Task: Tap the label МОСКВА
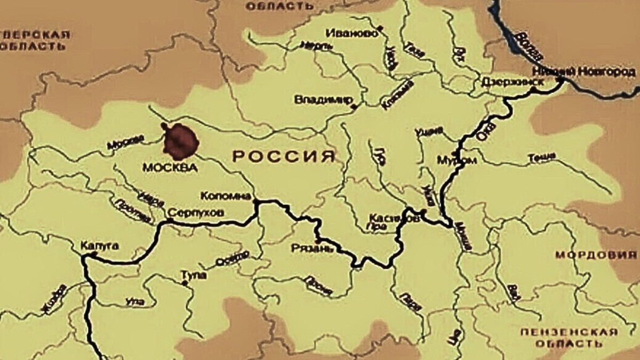pos(170,167)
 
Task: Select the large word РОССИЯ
pos(285,156)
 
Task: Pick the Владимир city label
pos(323,100)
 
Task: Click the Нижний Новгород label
pos(583,72)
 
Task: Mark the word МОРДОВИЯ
pos(596,255)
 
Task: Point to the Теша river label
pos(541,157)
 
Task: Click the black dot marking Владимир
pos(354,107)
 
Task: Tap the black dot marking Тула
pos(185,283)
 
